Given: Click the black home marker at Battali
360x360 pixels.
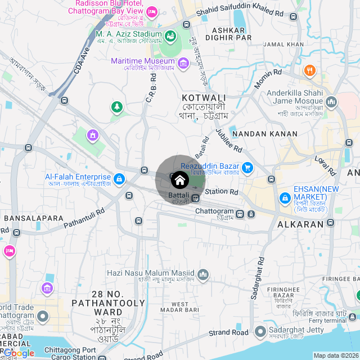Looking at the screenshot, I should click(179, 180).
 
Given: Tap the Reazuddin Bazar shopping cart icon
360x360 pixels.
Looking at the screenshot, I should click(247, 167).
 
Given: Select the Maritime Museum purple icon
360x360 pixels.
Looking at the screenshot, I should click(183, 64).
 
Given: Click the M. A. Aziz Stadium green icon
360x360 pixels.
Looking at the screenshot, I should click(172, 37).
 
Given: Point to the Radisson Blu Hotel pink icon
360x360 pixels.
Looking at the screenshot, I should click(151, 12).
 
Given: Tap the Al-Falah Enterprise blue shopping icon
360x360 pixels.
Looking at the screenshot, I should click(118, 179).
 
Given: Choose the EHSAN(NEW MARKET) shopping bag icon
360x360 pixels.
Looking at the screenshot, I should click(285, 199).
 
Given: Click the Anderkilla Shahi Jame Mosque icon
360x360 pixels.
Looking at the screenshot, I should click(331, 102).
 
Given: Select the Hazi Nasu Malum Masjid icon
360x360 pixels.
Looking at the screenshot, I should click(203, 275).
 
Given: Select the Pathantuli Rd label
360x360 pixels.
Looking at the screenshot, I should click(84, 218).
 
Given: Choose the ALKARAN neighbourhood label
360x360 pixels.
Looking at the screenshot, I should click(301, 224).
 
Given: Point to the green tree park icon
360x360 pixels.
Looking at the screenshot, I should click(116, 106).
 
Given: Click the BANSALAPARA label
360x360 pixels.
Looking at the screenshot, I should click(34, 218).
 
